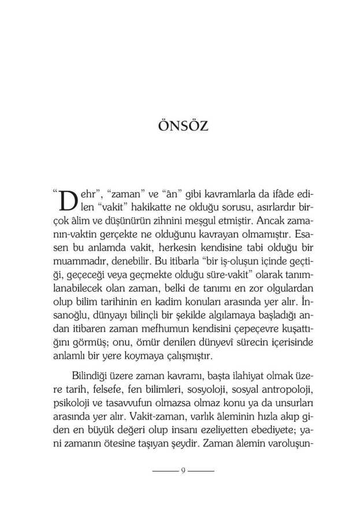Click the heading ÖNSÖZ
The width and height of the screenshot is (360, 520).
(182, 126)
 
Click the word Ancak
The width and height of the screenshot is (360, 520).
(268, 221)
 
